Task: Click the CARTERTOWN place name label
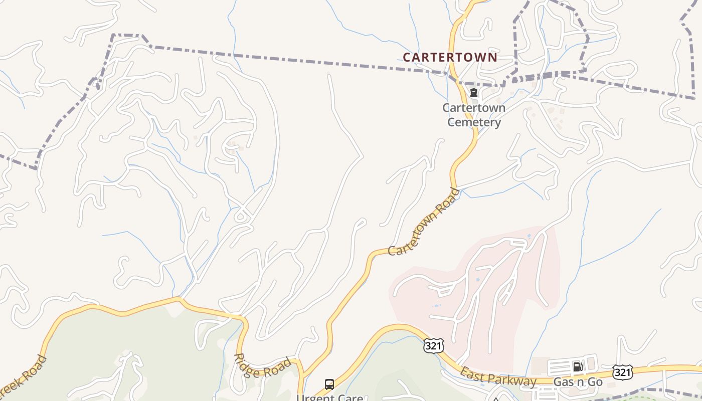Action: pyautogui.click(x=450, y=57)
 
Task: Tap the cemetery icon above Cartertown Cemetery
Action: pyautogui.click(x=473, y=93)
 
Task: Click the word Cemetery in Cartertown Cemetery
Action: pyautogui.click(x=474, y=122)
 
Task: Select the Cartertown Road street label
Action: pyautogui.click(x=424, y=222)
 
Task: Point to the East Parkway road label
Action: pyautogui.click(x=498, y=377)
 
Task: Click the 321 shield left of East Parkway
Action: pyautogui.click(x=433, y=345)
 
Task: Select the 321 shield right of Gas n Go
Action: pyautogui.click(x=622, y=372)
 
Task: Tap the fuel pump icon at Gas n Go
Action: pyautogui.click(x=578, y=367)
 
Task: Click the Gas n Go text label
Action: pyautogui.click(x=578, y=382)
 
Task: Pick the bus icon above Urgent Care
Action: pyautogui.click(x=329, y=384)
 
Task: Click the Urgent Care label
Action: pyautogui.click(x=329, y=397)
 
